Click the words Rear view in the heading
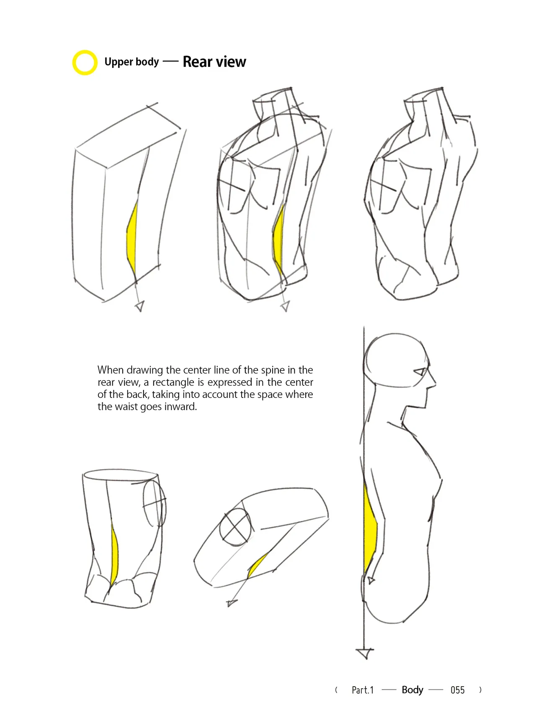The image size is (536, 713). [214, 62]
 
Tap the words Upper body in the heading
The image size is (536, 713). [131, 62]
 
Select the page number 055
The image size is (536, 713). [457, 690]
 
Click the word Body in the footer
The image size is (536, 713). [412, 690]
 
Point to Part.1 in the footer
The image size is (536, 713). [363, 690]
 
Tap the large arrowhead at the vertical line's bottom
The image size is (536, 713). [365, 653]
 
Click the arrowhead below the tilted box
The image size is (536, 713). [231, 603]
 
